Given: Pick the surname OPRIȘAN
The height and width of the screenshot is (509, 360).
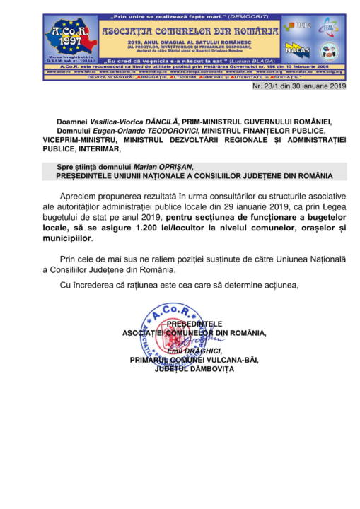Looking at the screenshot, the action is (x=173, y=166).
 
